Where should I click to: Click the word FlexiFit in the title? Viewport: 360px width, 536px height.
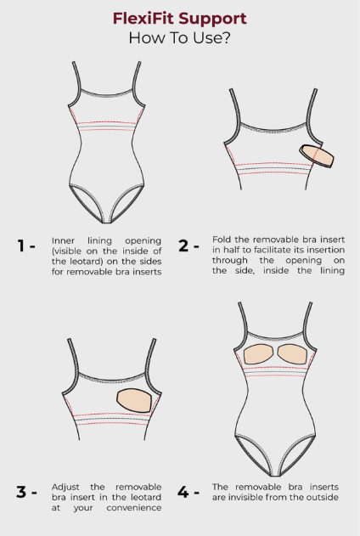(x=144, y=18)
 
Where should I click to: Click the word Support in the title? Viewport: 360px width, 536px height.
(x=213, y=20)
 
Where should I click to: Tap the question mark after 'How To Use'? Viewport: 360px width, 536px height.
(x=225, y=37)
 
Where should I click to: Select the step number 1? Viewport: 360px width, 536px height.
(x=21, y=245)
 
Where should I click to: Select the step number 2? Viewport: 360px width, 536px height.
(x=183, y=245)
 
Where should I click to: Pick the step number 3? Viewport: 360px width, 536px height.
(x=21, y=492)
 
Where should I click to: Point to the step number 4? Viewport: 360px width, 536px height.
(x=183, y=492)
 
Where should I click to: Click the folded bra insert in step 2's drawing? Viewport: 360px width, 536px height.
(x=317, y=156)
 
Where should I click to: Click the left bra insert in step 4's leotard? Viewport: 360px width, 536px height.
(x=259, y=354)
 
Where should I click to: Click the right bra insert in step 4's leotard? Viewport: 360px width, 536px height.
(x=292, y=354)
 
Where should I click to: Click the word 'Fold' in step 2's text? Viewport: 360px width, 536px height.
(x=219, y=240)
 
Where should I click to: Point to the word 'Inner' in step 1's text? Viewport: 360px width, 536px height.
(x=63, y=240)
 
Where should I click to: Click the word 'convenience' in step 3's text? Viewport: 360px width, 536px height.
(x=134, y=508)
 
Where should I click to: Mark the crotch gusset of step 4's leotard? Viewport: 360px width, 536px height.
(x=275, y=474)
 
